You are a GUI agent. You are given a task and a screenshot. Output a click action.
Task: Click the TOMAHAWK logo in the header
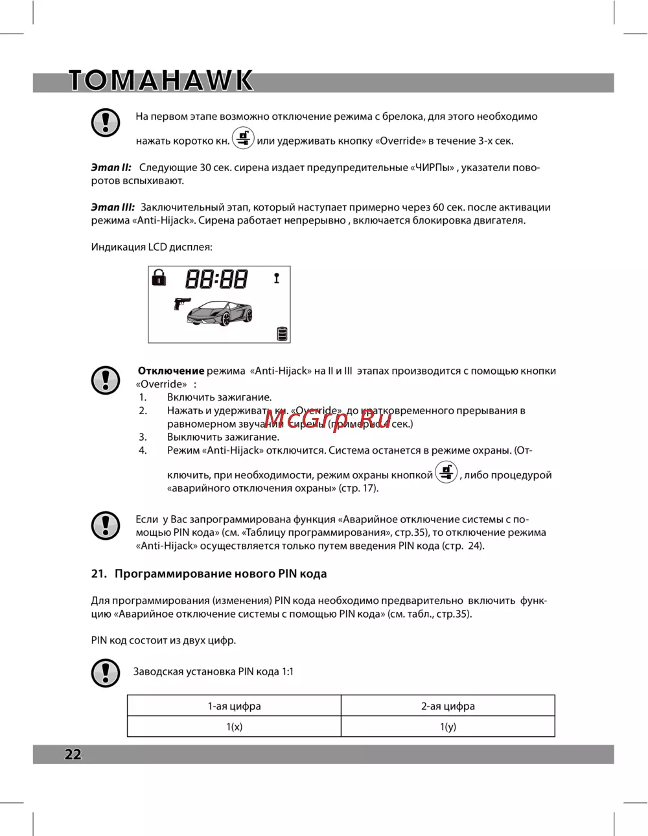pyautogui.click(x=161, y=80)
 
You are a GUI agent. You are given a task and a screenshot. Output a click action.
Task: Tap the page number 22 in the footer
pyautogui.click(x=73, y=754)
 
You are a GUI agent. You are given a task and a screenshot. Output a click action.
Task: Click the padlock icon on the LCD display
pyautogui.click(x=159, y=278)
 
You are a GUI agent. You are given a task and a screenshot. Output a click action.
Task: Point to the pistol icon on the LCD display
pyautogui.click(x=182, y=303)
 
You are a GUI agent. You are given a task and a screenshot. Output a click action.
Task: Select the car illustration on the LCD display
pyautogui.click(x=220, y=313)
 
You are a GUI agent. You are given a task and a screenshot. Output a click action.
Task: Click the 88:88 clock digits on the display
pyautogui.click(x=216, y=279)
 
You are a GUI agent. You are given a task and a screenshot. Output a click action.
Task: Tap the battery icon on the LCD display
pyautogui.click(x=282, y=333)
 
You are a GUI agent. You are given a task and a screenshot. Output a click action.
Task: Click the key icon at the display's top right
pyautogui.click(x=277, y=278)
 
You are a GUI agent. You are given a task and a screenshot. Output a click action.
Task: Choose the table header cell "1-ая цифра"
pyautogui.click(x=234, y=706)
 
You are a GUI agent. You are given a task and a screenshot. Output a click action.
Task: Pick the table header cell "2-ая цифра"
pyautogui.click(x=448, y=706)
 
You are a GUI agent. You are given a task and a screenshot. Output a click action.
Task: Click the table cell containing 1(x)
pyautogui.click(x=234, y=726)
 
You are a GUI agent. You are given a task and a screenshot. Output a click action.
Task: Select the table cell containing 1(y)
pyautogui.click(x=448, y=726)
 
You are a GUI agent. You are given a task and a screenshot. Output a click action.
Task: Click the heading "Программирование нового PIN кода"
pyautogui.click(x=220, y=574)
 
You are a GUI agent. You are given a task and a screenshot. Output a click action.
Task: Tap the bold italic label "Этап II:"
pyautogui.click(x=111, y=167)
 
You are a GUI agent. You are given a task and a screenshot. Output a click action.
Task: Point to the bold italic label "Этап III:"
pyautogui.click(x=113, y=207)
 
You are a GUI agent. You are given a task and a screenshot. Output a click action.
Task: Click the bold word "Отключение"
pyautogui.click(x=171, y=371)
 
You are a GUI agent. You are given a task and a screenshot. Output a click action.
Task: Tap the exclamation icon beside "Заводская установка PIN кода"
pyautogui.click(x=106, y=673)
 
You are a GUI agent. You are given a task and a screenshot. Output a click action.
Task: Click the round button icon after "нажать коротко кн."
pyautogui.click(x=243, y=138)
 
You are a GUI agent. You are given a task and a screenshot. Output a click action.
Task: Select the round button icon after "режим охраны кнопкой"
pyautogui.click(x=446, y=472)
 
